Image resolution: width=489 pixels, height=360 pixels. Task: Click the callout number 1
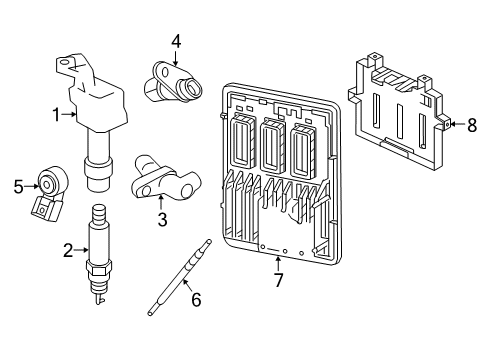[57, 115]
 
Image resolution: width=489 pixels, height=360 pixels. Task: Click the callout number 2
[68, 251]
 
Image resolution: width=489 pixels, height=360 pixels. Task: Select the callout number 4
[175, 41]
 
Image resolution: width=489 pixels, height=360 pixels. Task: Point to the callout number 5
[18, 184]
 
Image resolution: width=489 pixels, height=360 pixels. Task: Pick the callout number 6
[196, 298]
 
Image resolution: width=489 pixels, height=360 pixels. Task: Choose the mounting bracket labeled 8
[400, 110]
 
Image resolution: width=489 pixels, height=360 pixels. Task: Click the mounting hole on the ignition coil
[66, 65]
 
